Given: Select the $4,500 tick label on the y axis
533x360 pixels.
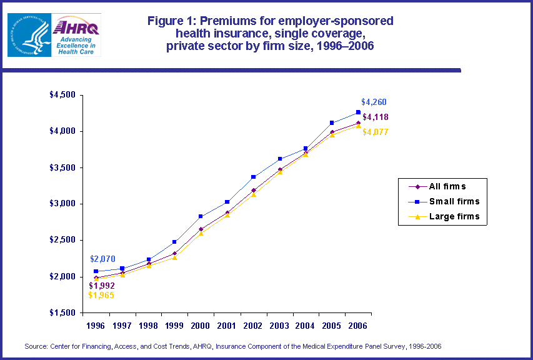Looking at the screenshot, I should (x=62, y=95).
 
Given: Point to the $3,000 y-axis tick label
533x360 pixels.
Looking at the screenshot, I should (x=62, y=204).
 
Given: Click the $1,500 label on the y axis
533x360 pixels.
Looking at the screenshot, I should (x=62, y=312).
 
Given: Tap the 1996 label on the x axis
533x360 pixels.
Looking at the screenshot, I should (x=95, y=326).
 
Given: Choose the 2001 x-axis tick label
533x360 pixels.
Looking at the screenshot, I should (x=227, y=326).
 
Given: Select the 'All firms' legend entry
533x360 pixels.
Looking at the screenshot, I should (x=447, y=186).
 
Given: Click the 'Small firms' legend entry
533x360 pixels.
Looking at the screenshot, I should (x=454, y=201).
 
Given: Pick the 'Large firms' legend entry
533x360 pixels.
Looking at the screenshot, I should (x=454, y=217).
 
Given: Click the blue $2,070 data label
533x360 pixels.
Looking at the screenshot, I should (x=102, y=259).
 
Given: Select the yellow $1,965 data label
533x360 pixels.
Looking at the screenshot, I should (x=101, y=295).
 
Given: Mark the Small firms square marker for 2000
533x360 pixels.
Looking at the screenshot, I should (x=201, y=216).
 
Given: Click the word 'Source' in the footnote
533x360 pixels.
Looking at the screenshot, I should (x=37, y=346).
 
